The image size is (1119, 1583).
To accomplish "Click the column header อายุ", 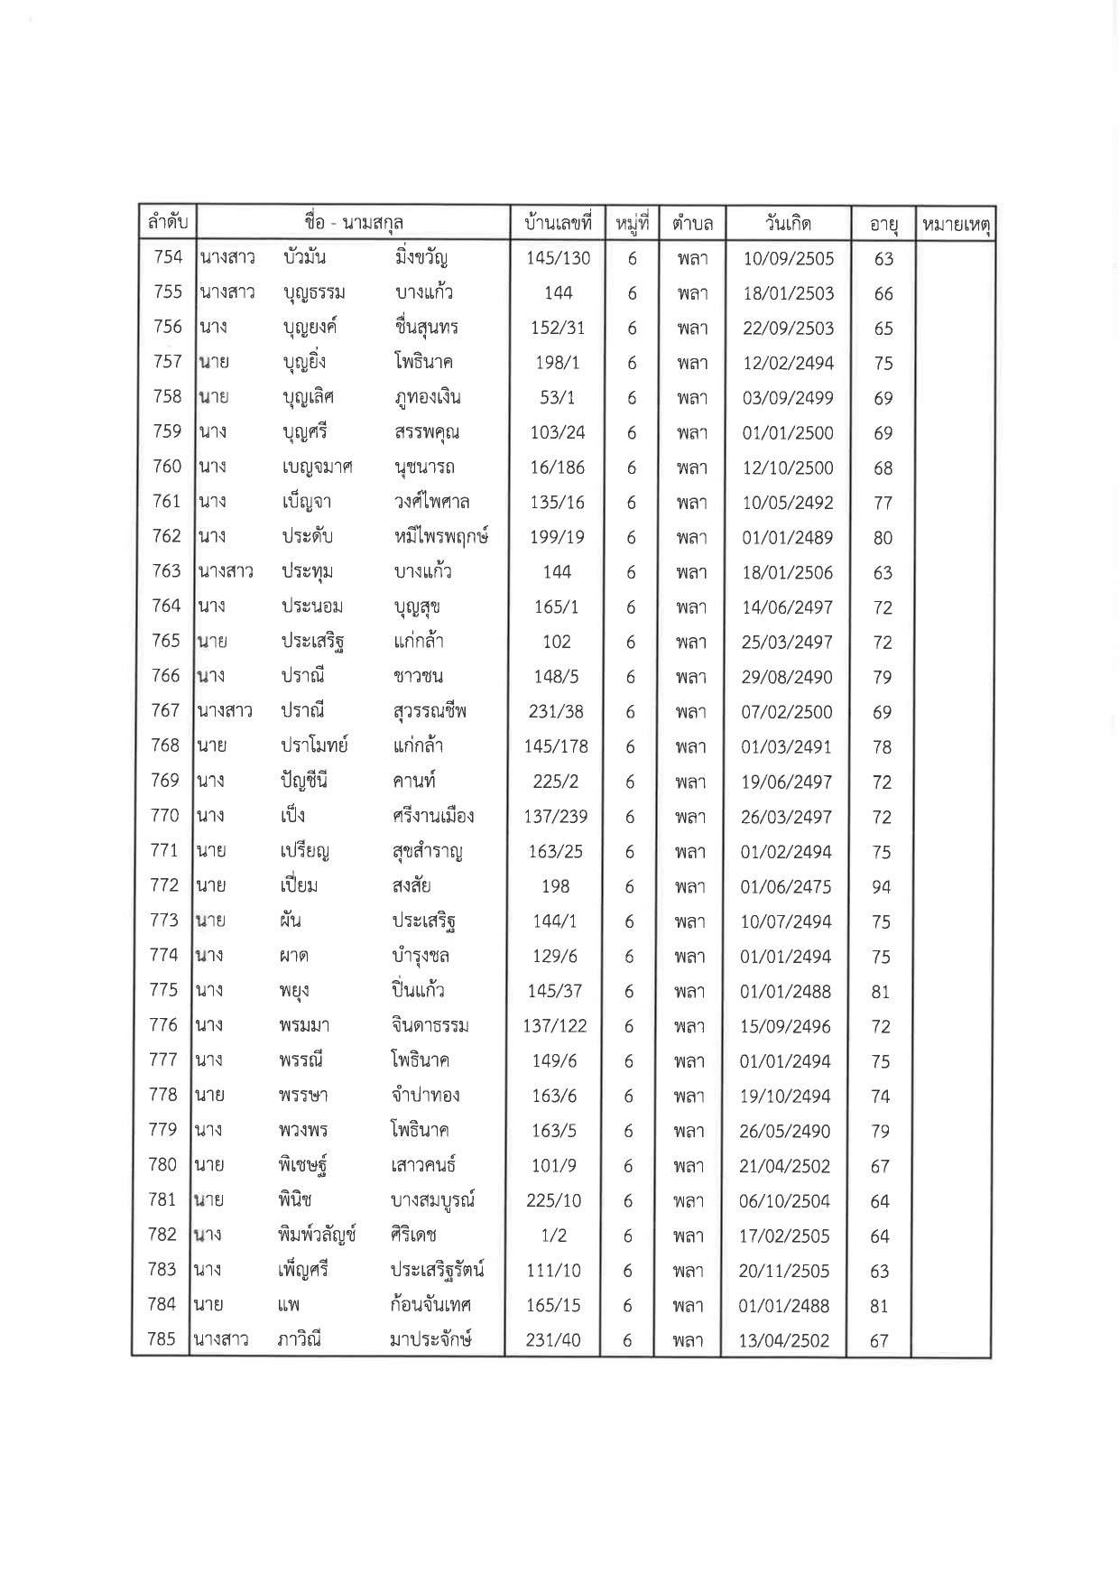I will click(x=883, y=224).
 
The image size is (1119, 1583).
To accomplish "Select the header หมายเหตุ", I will click(x=955, y=224).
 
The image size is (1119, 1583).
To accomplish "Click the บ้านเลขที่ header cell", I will click(x=557, y=223).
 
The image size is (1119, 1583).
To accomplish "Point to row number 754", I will click(x=168, y=257).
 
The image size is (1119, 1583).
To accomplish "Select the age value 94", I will click(x=882, y=886).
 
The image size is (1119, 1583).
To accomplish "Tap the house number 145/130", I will click(x=558, y=258).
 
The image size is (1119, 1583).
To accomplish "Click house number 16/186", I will click(x=558, y=467).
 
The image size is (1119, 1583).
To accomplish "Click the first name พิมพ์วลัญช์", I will click(x=317, y=1235).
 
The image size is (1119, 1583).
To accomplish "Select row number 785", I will click(x=161, y=1339).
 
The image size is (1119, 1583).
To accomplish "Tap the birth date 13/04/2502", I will click(x=783, y=1340).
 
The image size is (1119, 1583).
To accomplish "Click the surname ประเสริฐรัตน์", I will click(x=438, y=1270).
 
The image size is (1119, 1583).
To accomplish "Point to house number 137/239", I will click(x=556, y=817).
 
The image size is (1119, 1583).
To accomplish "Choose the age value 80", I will click(x=883, y=538).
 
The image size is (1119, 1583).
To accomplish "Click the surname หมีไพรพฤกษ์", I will click(x=441, y=537).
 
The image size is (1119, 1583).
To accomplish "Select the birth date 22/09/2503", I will click(x=788, y=329).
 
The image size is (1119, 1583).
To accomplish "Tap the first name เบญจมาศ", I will click(x=316, y=467).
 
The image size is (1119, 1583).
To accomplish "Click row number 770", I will click(x=165, y=816).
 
